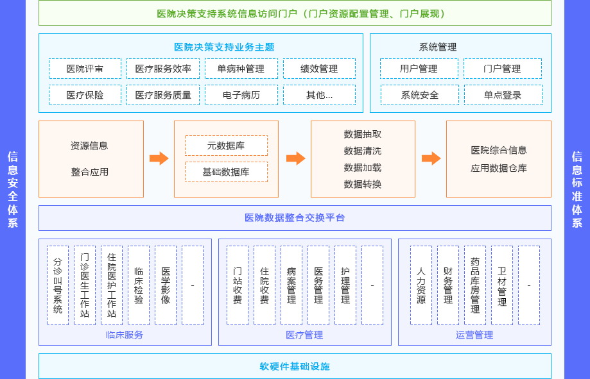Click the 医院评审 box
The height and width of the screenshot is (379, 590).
85,69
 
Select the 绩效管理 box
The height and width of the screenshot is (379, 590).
319,69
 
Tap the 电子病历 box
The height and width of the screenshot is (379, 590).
241,95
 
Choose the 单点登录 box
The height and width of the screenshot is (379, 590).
503,95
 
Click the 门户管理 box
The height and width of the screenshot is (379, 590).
503,69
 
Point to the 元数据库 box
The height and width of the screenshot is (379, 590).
226,146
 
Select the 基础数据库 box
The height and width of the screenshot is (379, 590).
226,172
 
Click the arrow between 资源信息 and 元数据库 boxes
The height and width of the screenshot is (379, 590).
159,158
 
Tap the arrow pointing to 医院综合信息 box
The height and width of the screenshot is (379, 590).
431,158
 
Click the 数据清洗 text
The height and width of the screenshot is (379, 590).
363,151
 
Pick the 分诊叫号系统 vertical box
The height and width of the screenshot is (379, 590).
58,285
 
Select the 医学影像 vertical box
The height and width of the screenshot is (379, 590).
166,285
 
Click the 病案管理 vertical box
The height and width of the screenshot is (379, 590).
291,285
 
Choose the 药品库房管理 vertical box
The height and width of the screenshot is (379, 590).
475,285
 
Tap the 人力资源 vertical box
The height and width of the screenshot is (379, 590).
421,285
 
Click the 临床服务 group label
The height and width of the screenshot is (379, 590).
125,335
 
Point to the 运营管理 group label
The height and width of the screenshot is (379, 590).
474,335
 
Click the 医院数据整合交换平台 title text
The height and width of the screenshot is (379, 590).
295,218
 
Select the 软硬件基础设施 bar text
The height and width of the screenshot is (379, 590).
295,366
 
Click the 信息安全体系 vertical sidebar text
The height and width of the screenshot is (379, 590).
13,189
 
